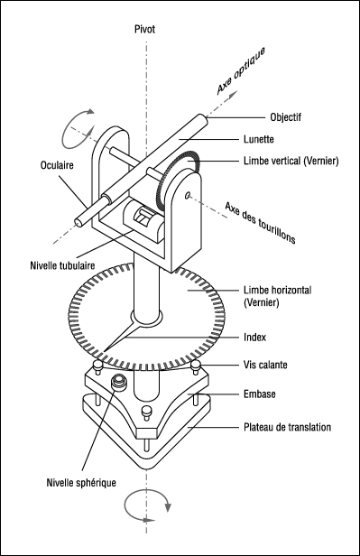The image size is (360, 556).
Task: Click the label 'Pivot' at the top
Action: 144,29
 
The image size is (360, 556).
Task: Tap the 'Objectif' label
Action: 286,117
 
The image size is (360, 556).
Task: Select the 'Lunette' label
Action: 259,139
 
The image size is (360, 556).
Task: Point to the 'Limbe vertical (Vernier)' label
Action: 291,161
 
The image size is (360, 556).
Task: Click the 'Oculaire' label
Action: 57,165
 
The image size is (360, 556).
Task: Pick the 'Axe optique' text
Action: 241,71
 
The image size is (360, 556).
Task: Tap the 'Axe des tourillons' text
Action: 261,223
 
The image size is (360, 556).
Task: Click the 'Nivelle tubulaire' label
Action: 62,265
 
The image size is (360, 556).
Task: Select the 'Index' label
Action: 254,337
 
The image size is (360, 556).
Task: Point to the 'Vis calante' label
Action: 265,365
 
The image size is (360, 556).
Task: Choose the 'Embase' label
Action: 259,394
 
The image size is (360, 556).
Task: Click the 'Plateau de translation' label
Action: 287,427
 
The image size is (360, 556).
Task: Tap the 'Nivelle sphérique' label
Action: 81,483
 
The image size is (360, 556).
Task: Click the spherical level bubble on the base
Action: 118,383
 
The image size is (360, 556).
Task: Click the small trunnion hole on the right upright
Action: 188,195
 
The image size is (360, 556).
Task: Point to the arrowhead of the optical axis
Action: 233,94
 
